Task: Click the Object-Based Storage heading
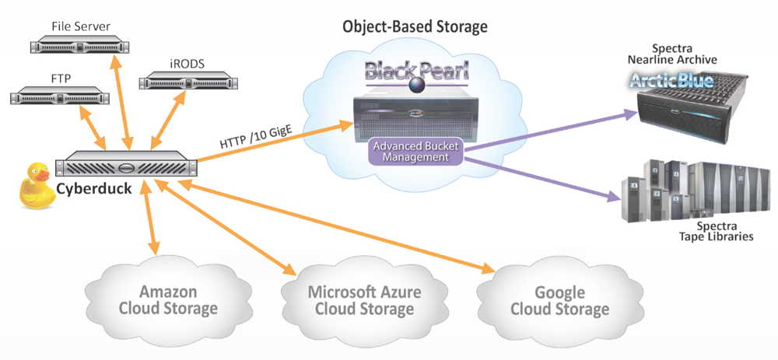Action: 415,27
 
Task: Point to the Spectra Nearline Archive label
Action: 672,54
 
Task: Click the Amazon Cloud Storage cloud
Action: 167,300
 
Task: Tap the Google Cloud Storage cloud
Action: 560,300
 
